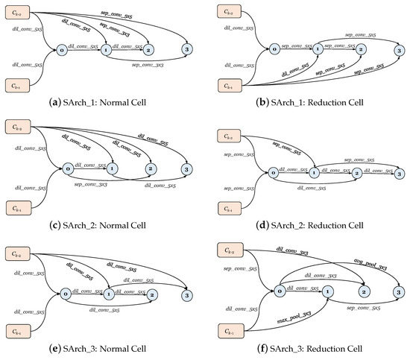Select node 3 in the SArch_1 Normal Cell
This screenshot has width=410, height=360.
185,50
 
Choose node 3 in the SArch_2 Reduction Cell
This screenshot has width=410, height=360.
400,173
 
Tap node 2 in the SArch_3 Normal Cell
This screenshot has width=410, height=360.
152,294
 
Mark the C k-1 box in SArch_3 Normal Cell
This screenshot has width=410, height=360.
20,329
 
